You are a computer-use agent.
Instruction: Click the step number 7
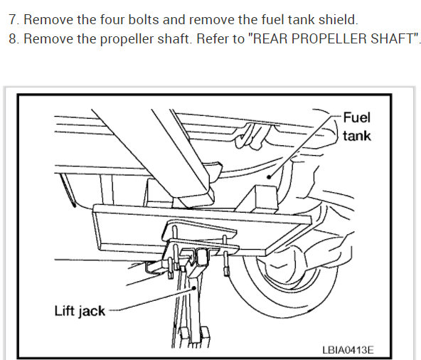[x=13, y=20]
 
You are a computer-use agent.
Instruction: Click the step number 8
[x=13, y=39]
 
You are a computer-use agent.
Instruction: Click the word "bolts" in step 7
[x=144, y=20]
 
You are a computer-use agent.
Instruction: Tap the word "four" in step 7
[x=112, y=20]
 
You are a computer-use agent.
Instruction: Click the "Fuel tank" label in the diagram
[x=356, y=127]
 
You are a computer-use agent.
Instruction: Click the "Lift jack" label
[x=80, y=311]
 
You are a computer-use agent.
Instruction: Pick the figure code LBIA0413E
[x=348, y=350]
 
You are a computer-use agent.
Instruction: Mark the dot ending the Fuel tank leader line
[x=269, y=177]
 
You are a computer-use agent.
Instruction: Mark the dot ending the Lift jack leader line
[x=194, y=288]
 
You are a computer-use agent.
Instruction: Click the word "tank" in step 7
[x=302, y=20]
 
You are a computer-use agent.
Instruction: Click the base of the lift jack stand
[x=191, y=337]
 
